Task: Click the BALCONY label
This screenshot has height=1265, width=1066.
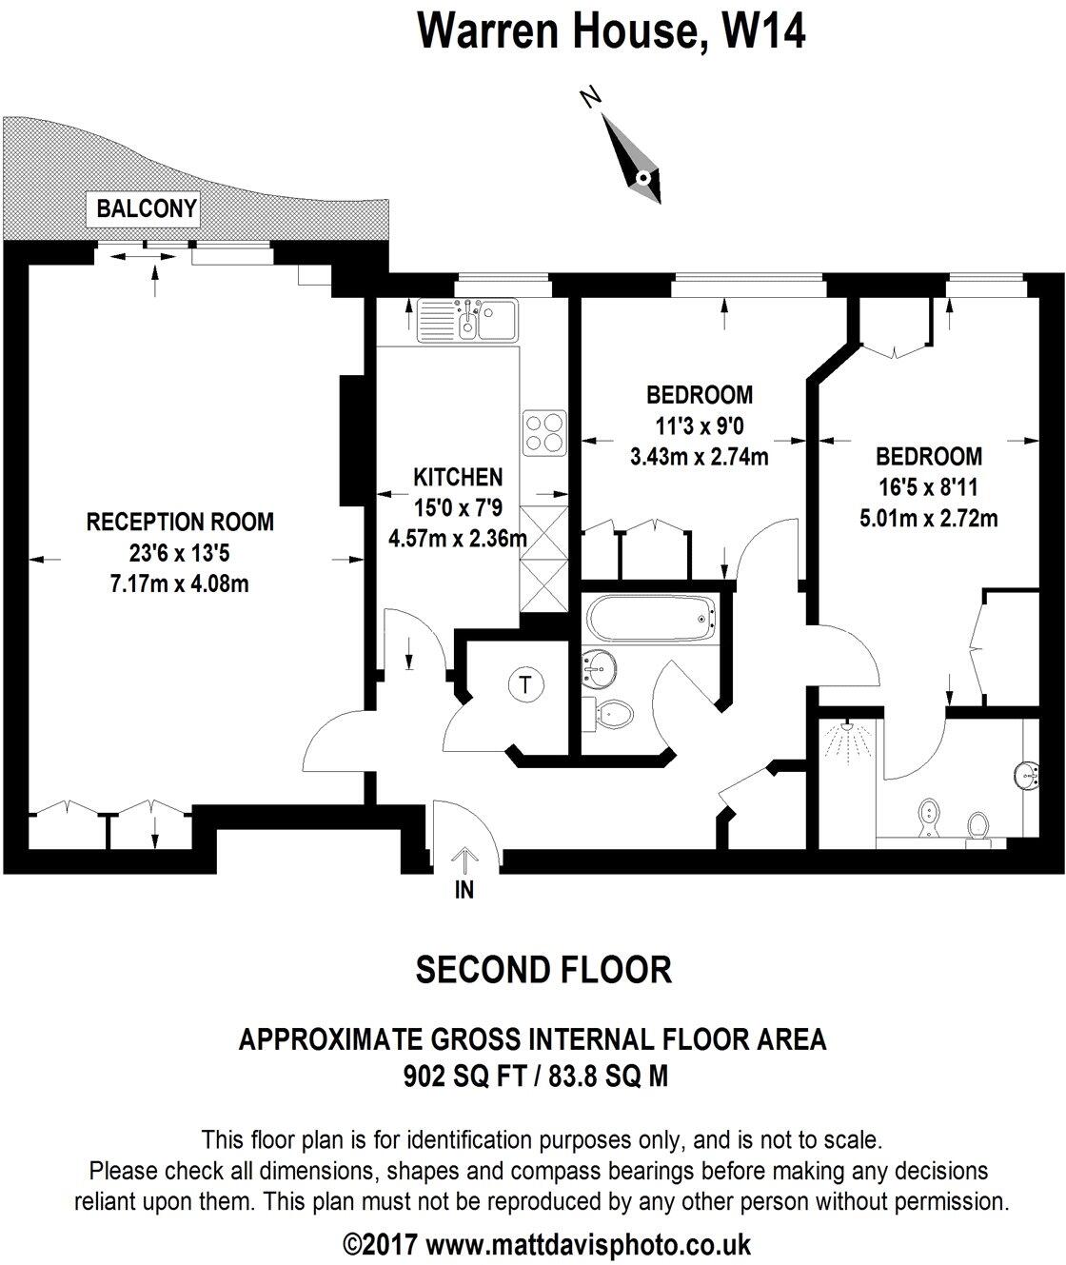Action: pyautogui.click(x=147, y=208)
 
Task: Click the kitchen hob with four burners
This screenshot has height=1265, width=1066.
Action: pyautogui.click(x=543, y=432)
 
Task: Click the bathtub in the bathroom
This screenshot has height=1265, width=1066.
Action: pyautogui.click(x=648, y=621)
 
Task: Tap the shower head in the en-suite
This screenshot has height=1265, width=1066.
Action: pyautogui.click(x=842, y=739)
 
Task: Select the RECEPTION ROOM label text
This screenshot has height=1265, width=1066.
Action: pyautogui.click(x=180, y=522)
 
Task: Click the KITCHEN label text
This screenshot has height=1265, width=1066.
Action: pyautogui.click(x=458, y=477)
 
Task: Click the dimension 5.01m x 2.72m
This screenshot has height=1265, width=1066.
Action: pyautogui.click(x=928, y=519)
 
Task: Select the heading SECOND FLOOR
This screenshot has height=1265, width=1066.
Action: pyautogui.click(x=543, y=969)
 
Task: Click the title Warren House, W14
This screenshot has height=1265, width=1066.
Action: pyautogui.click(x=612, y=31)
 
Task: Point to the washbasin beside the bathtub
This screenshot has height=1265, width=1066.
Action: pyautogui.click(x=597, y=669)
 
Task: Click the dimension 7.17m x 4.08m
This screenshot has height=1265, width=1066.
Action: pyautogui.click(x=180, y=583)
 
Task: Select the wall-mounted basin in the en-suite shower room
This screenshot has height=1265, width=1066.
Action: pyautogui.click(x=1026, y=775)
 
